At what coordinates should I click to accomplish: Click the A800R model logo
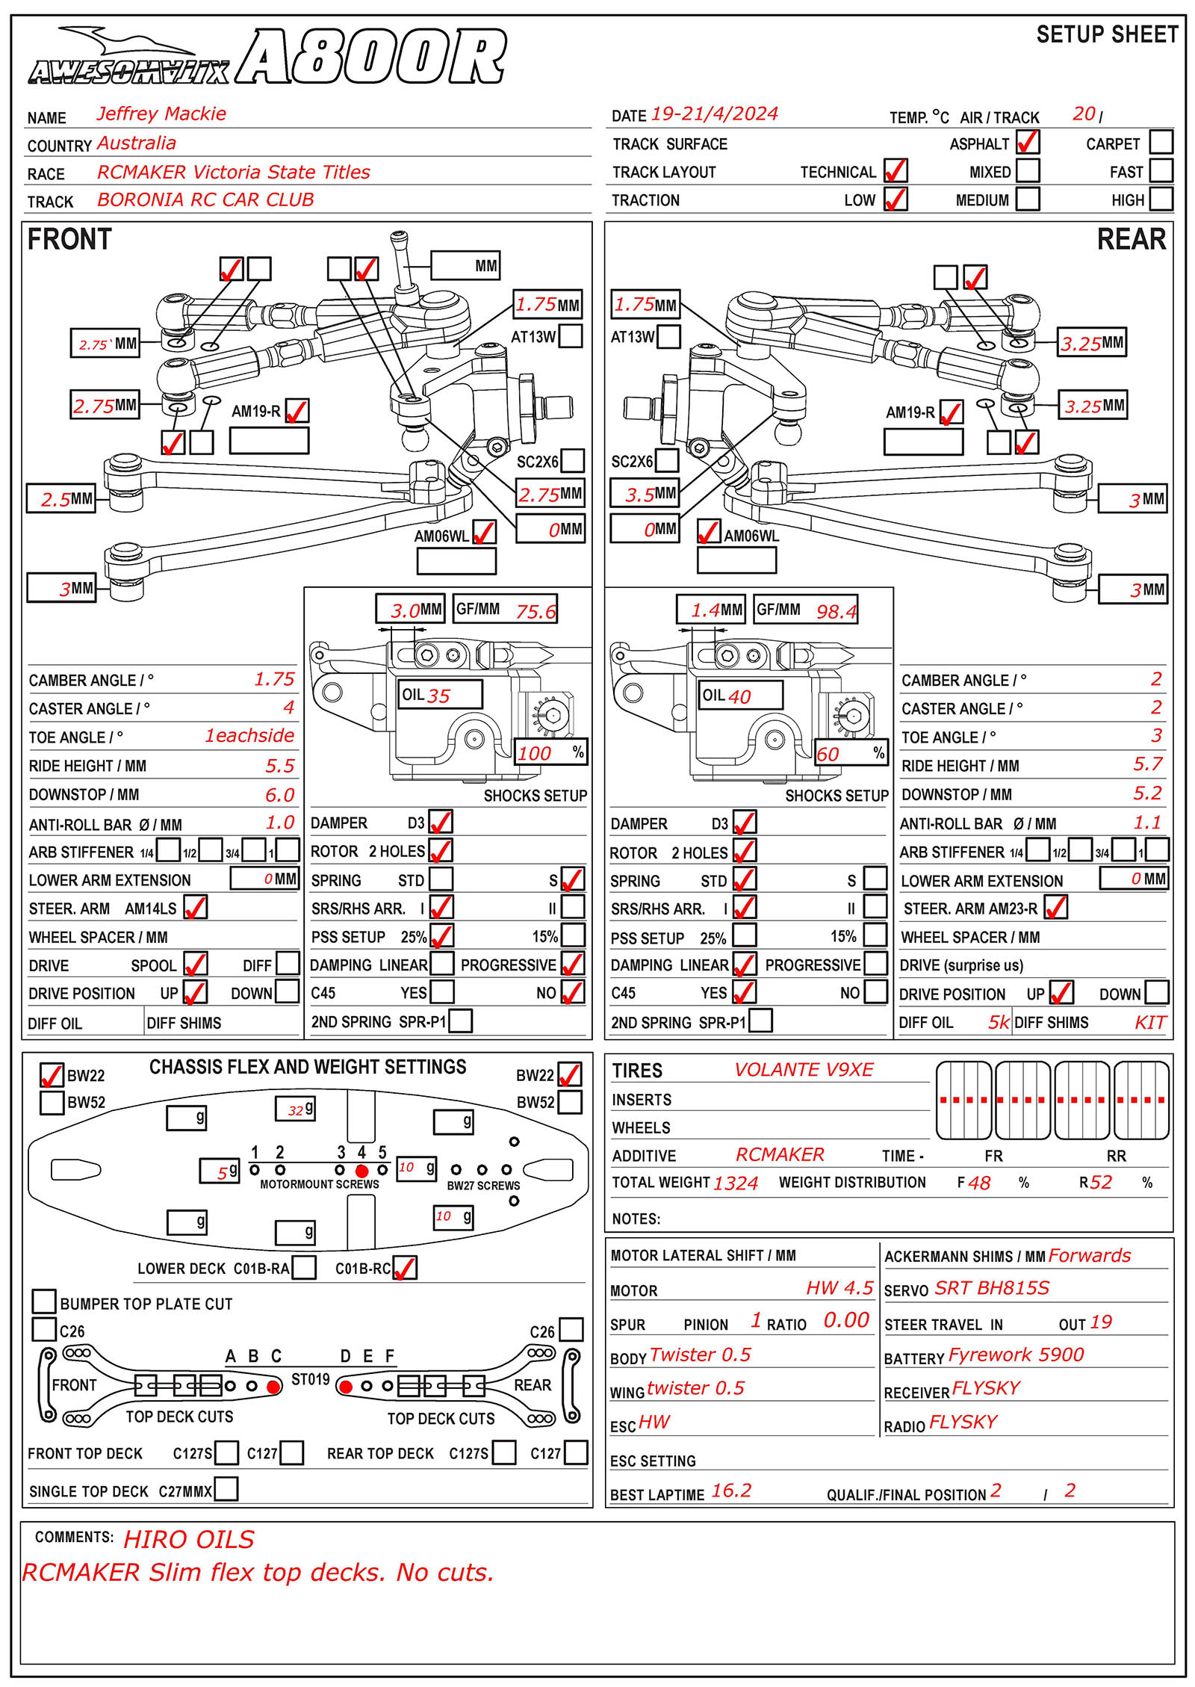[371, 57]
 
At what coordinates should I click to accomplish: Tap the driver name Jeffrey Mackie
[161, 114]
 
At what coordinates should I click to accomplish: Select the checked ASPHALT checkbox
[1028, 142]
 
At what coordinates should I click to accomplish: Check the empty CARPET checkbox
[1161, 142]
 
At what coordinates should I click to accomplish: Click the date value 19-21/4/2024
[714, 114]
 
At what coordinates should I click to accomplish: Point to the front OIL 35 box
[441, 694]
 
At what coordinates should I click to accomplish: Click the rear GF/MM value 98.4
[836, 611]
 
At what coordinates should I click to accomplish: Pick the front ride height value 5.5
[280, 765]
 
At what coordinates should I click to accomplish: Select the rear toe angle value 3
[1156, 735]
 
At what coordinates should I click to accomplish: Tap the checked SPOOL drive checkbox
[196, 964]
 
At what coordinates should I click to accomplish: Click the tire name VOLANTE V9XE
[804, 1070]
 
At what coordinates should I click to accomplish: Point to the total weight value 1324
[735, 1183]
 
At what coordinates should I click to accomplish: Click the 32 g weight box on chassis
[296, 1109]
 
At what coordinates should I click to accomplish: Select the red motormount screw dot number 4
[362, 1171]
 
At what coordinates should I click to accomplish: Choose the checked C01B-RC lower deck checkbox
[405, 1268]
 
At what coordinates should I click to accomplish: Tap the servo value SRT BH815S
[992, 1288]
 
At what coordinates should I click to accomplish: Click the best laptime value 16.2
[731, 1491]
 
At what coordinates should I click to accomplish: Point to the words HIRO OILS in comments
[189, 1540]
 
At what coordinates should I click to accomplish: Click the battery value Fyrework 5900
[1016, 1355]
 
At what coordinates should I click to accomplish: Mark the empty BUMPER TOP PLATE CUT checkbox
[45, 1301]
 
